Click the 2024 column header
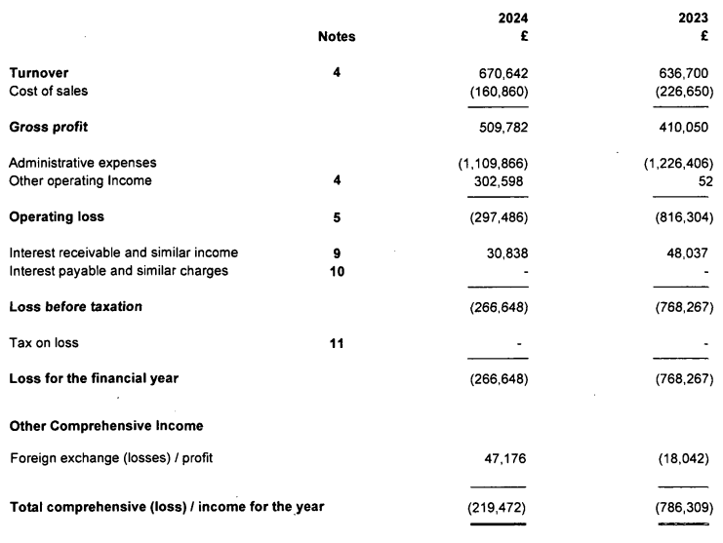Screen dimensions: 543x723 tap(513, 18)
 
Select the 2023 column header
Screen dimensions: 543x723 tap(697, 18)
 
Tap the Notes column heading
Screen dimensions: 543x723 tap(337, 38)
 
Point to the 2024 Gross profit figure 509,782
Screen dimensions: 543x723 tap(502, 127)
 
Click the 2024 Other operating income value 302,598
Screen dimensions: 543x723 tap(502, 180)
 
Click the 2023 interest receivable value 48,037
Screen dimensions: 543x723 tap(689, 252)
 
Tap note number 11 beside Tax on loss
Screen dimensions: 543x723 tap(337, 343)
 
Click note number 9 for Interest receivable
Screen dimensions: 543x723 tap(337, 252)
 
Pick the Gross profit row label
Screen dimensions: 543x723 tap(50, 127)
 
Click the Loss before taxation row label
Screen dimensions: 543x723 tap(76, 307)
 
